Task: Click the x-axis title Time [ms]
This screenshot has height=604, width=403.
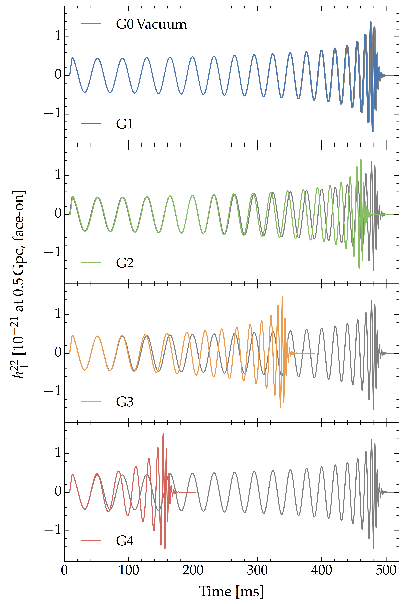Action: point(231,591)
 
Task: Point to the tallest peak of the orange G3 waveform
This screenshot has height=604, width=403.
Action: point(282,296)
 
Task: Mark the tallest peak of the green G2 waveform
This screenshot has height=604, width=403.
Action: point(361,159)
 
